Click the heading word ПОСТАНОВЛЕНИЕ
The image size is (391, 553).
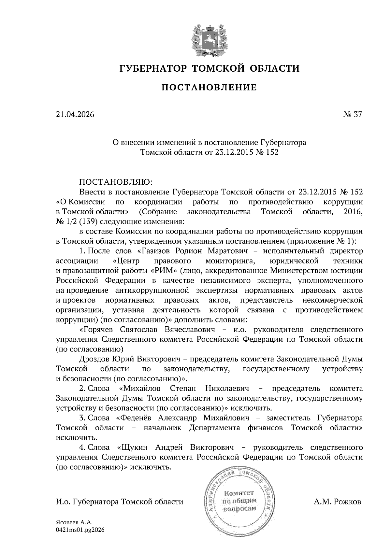[x=209, y=87]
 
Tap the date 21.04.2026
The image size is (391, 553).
[x=75, y=115]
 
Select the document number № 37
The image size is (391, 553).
[x=352, y=115]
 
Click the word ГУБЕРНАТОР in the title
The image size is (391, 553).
[x=152, y=68]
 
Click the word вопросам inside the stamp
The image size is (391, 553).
[x=239, y=509]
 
